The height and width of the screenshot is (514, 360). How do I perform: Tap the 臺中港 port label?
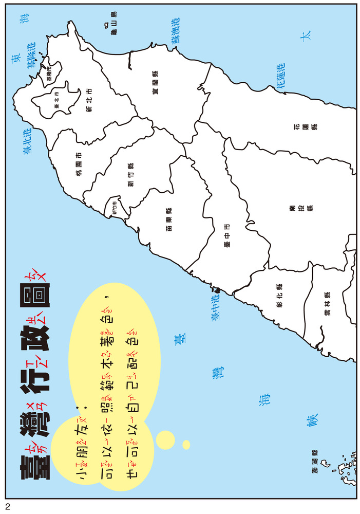(x=216, y=306)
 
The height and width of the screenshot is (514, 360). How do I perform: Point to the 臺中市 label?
(x=226, y=235)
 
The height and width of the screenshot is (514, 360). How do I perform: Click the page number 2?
(x=8, y=506)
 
